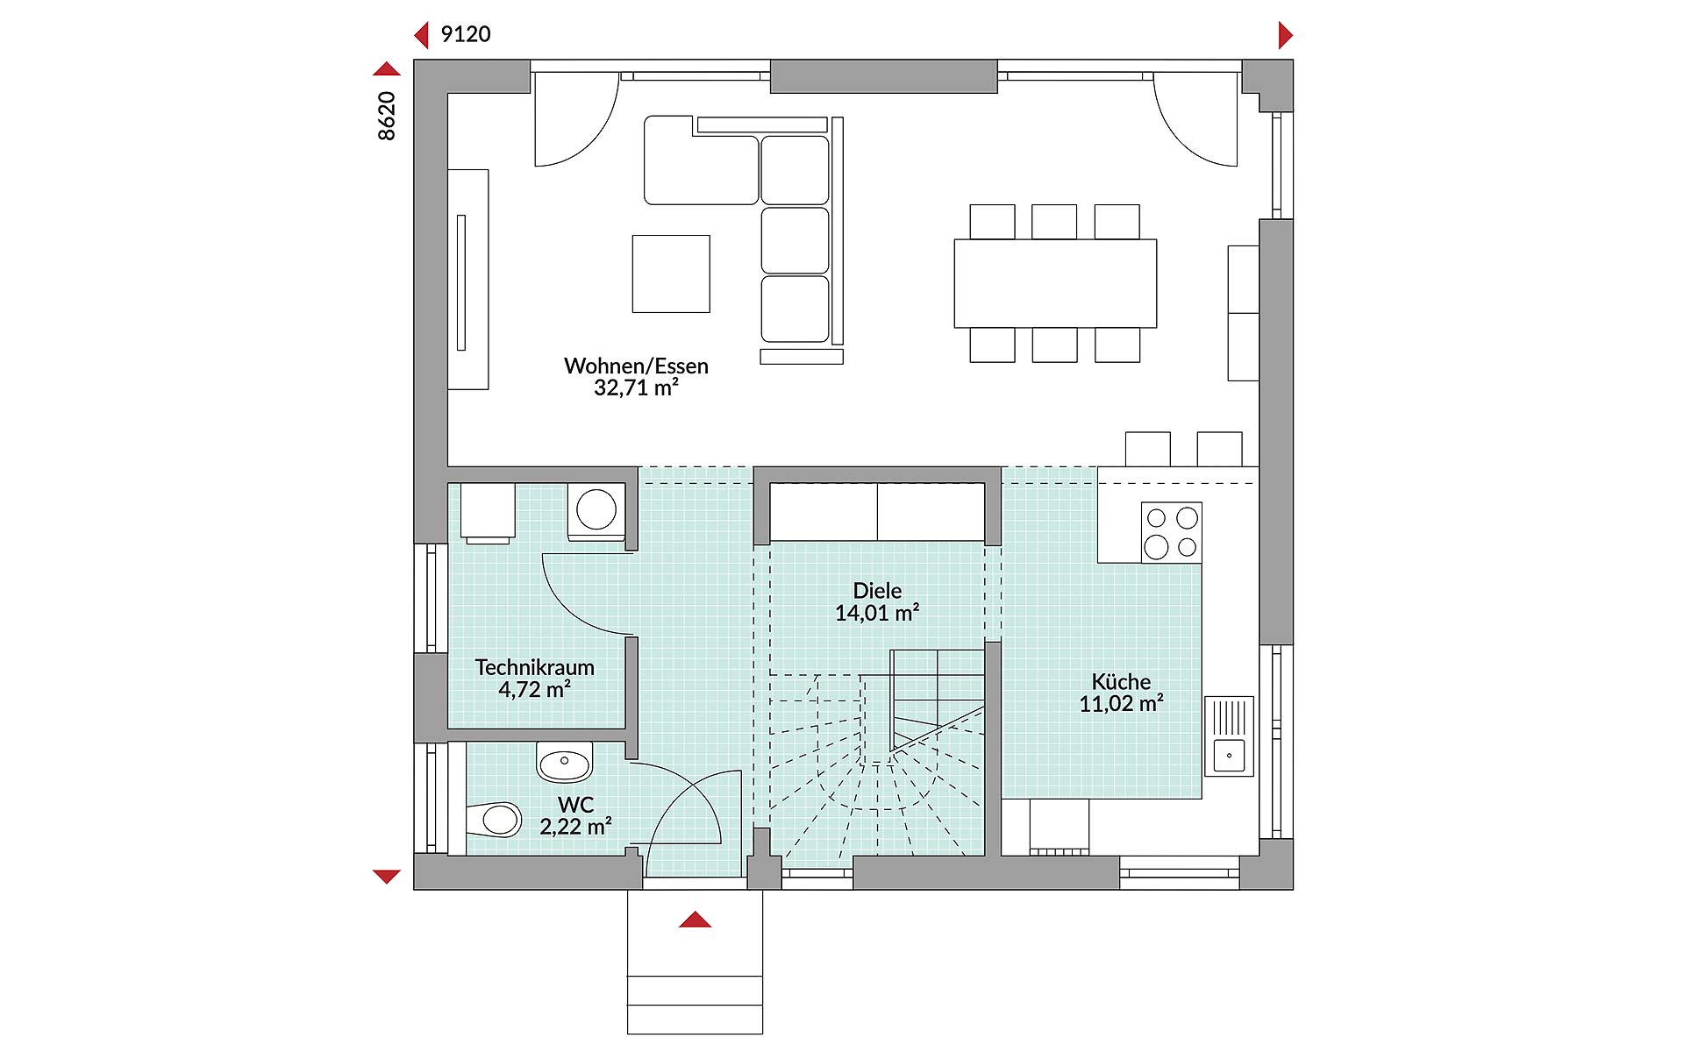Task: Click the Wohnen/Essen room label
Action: (x=636, y=366)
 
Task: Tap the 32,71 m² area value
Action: (x=636, y=387)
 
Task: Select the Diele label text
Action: (x=877, y=591)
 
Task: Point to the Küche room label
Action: (x=1121, y=681)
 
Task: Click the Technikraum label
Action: (x=535, y=667)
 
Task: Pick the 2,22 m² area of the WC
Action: (x=575, y=826)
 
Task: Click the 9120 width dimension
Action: (x=466, y=34)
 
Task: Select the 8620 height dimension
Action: (x=387, y=115)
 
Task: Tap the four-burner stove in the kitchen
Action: (x=1171, y=532)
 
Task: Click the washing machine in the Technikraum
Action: (x=596, y=510)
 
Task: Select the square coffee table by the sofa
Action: (x=671, y=274)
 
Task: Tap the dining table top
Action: (x=1055, y=283)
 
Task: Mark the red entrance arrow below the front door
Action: (x=695, y=920)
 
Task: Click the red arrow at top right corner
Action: (x=1286, y=35)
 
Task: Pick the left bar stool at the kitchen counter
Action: (x=1147, y=449)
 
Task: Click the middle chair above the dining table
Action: (x=1054, y=222)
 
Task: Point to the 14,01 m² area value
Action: (x=877, y=613)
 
